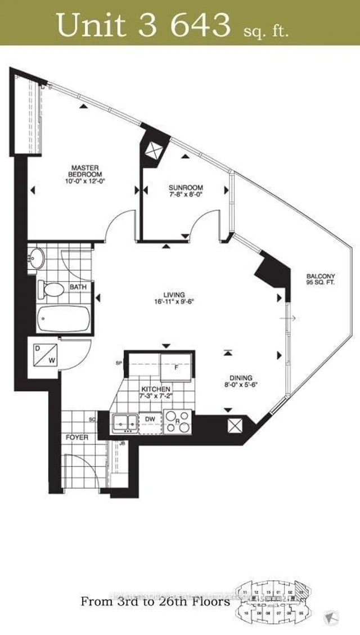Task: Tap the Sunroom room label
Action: pos(186,191)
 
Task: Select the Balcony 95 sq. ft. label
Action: pos(321,279)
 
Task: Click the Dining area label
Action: pos(240,381)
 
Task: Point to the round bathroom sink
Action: pos(37,257)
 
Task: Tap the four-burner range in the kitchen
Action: pos(178,421)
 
